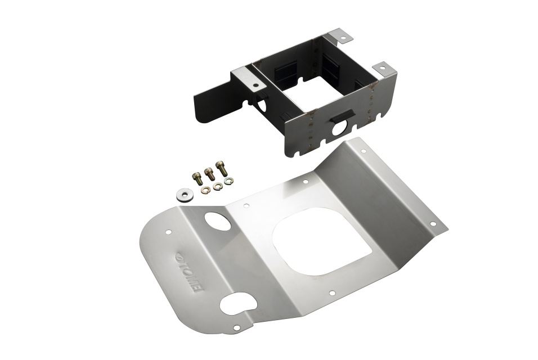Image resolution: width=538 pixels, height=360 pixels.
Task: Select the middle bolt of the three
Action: click(208, 173)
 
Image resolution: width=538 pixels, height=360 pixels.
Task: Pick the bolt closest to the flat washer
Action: click(195, 178)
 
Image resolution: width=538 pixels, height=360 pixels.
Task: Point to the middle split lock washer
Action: click(216, 186)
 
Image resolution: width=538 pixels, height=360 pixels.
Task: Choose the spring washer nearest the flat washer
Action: click(204, 189)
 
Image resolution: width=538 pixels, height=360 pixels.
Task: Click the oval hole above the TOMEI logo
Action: click(218, 222)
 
